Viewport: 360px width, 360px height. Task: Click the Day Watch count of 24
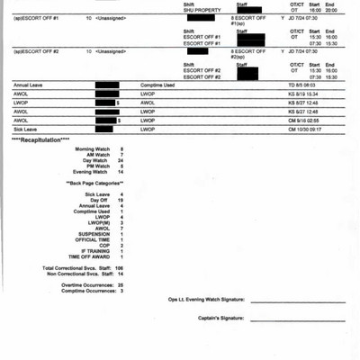pos(121,160)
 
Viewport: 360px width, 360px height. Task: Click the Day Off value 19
pos(121,200)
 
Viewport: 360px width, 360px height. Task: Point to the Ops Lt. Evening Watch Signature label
pos(205,300)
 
